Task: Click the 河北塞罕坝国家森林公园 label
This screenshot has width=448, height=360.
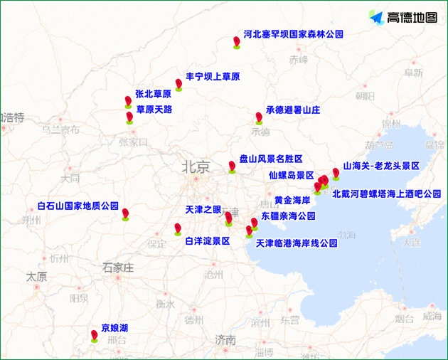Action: coord(293,34)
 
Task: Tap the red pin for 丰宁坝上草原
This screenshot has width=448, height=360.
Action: coord(179,84)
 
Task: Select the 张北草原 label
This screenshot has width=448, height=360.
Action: coord(153,94)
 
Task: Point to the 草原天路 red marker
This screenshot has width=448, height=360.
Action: coord(129,117)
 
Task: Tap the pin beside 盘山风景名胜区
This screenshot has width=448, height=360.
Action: coord(232,166)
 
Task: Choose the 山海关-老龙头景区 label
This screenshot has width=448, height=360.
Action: coord(381,166)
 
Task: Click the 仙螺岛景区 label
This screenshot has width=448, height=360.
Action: coord(292,175)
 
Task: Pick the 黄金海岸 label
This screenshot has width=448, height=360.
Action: coord(292,201)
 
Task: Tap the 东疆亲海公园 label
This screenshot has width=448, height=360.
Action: coord(288,216)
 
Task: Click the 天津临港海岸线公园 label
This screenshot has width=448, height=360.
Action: coord(296,243)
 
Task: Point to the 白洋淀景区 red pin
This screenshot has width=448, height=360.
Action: coord(178,228)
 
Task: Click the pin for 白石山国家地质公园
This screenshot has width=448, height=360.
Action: coord(125,213)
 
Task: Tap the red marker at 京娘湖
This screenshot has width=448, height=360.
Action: coord(94,335)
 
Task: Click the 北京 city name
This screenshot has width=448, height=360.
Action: coord(196,167)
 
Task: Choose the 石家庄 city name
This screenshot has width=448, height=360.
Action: coord(117,268)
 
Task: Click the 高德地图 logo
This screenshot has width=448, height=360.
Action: coord(403,16)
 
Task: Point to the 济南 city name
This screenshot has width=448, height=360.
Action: coord(226,340)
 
